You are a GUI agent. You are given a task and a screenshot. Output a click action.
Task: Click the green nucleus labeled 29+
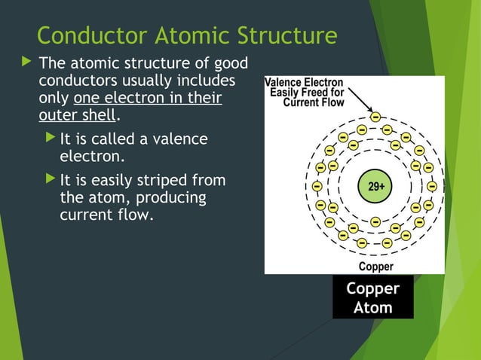pyautogui.click(x=375, y=186)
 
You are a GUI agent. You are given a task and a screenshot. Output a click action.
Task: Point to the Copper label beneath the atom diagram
pyautogui.click(x=375, y=267)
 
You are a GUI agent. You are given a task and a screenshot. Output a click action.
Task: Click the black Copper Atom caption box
pyautogui.click(x=373, y=298)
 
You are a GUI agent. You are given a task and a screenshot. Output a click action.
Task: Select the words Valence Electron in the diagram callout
pyautogui.click(x=304, y=82)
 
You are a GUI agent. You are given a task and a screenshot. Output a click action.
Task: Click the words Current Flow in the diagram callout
pyautogui.click(x=314, y=102)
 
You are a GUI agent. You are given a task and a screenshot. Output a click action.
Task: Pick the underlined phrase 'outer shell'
pyautogui.click(x=78, y=116)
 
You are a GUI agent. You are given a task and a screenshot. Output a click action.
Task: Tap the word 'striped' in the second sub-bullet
pyautogui.click(x=163, y=182)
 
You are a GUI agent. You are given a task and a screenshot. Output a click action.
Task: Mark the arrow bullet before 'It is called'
pyautogui.click(x=49, y=139)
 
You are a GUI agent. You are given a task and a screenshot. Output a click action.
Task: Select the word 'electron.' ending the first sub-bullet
pyautogui.click(x=91, y=157)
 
